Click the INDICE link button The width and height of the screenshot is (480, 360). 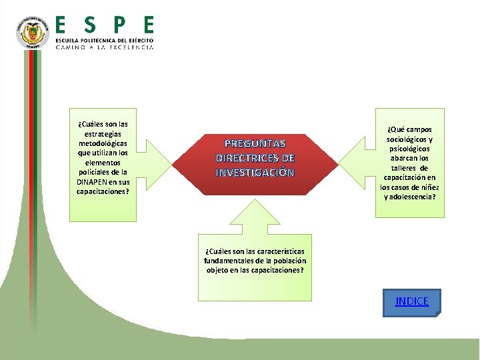click(412, 301)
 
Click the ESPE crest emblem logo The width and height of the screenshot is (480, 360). click(33, 33)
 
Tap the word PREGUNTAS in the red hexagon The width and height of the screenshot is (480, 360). click(255, 143)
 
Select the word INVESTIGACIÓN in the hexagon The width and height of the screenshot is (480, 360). click(255, 173)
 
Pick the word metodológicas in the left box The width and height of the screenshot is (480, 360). click(103, 143)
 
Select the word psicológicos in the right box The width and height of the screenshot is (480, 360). click(410, 149)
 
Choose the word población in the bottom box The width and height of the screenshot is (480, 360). click(289, 261)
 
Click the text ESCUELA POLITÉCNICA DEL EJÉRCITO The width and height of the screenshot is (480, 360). click(104, 41)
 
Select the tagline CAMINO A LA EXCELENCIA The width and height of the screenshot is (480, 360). click(104, 48)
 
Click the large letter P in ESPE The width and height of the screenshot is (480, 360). click(119, 25)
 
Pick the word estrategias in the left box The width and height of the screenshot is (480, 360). click(103, 134)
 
